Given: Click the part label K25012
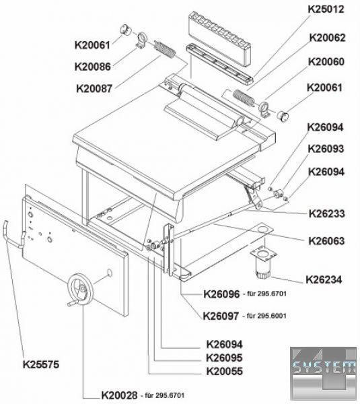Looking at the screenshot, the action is [x=326, y=9].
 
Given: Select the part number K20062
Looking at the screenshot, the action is [x=327, y=38].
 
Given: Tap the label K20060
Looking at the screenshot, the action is [x=326, y=62].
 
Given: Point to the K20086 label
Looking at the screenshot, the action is [x=92, y=67].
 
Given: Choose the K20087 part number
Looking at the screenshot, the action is [x=94, y=89].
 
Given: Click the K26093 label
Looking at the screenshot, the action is [x=326, y=149].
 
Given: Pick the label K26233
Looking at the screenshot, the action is [x=327, y=213].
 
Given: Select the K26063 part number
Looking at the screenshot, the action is [x=326, y=241].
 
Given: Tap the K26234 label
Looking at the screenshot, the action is [x=324, y=279].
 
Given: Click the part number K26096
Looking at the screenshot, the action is [x=221, y=294].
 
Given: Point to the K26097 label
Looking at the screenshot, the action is [x=221, y=316].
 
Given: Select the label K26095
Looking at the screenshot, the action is [x=224, y=358].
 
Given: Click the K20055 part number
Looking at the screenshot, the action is [x=225, y=371].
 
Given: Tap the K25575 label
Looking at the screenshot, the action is [x=41, y=364].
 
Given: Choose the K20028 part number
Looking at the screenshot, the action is [x=119, y=395].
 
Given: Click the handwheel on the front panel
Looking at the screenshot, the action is [x=80, y=290].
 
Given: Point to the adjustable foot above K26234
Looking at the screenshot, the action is [x=264, y=263].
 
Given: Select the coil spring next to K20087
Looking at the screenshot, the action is [x=165, y=50].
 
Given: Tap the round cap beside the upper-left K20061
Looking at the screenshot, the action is [x=126, y=29].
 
